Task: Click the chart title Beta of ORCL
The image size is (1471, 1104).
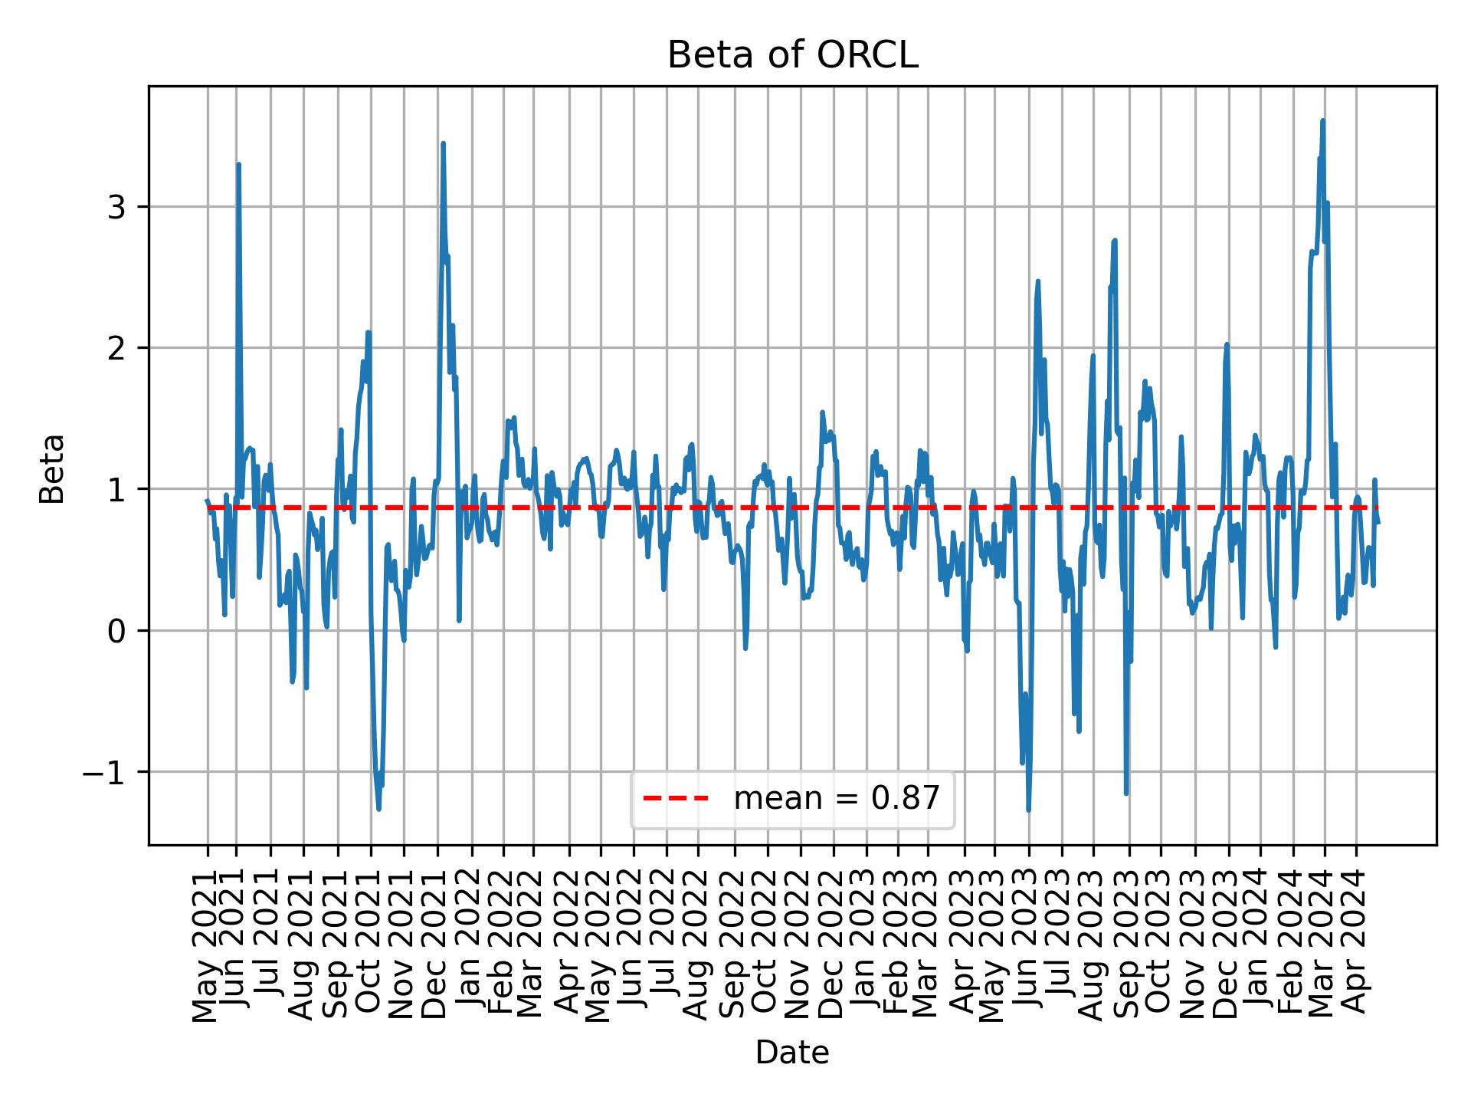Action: (x=792, y=55)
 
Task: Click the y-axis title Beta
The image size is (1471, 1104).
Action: (x=52, y=468)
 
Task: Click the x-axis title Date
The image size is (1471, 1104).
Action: (x=792, y=1053)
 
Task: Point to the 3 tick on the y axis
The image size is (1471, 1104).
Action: (x=116, y=207)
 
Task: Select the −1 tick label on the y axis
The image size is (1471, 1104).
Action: (x=104, y=772)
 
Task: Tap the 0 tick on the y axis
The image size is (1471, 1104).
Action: (x=116, y=631)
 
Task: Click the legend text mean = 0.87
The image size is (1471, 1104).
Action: (x=837, y=799)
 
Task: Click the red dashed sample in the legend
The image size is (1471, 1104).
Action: (x=676, y=799)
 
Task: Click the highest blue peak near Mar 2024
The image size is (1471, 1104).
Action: (x=1322, y=120)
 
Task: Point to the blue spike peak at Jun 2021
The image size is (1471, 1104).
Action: (x=238, y=164)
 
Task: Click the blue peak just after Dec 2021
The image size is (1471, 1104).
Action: (x=443, y=143)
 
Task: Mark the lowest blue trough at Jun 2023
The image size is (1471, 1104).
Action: (x=1028, y=810)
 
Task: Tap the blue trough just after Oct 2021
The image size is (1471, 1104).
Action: (x=378, y=809)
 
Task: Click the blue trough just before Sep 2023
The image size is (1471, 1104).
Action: (x=1126, y=793)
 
